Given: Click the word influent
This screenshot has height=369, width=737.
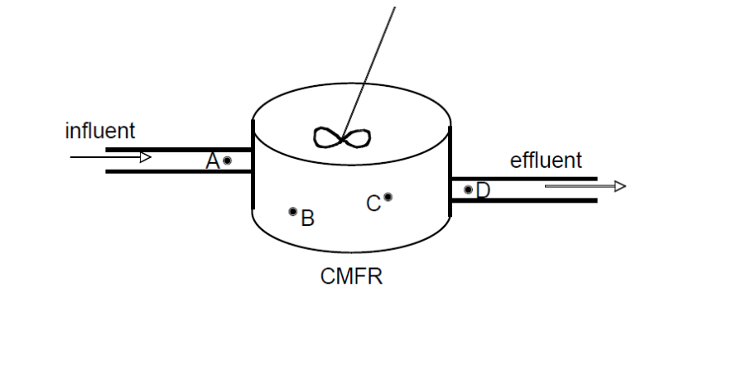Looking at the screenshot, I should point(99,131).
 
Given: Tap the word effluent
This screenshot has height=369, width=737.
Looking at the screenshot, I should point(545,161).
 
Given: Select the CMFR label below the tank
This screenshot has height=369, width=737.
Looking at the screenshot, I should point(351,276).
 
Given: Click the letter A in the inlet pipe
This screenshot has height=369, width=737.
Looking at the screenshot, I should point(213,161).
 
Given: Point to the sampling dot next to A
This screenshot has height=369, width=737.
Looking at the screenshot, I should point(227,161).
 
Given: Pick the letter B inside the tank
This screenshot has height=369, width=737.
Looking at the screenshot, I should point(307,218).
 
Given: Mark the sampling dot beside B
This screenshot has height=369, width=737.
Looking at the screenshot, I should point(292,212).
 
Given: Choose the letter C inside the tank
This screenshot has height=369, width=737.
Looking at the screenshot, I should point(373,203).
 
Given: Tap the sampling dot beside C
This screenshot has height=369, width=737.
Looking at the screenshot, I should point(388,197).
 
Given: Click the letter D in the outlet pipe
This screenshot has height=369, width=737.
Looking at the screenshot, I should point(483,191).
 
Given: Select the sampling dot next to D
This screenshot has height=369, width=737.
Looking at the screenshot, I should point(468,190).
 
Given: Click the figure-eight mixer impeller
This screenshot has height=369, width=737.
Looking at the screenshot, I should point(342,137).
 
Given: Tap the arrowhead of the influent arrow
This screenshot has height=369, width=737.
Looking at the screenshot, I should point(145,157).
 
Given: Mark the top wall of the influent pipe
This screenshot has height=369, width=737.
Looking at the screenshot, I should point(178,150).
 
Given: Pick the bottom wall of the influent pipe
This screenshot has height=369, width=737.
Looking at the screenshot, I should point(178,171).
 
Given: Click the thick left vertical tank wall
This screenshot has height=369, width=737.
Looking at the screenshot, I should point(253,165).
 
